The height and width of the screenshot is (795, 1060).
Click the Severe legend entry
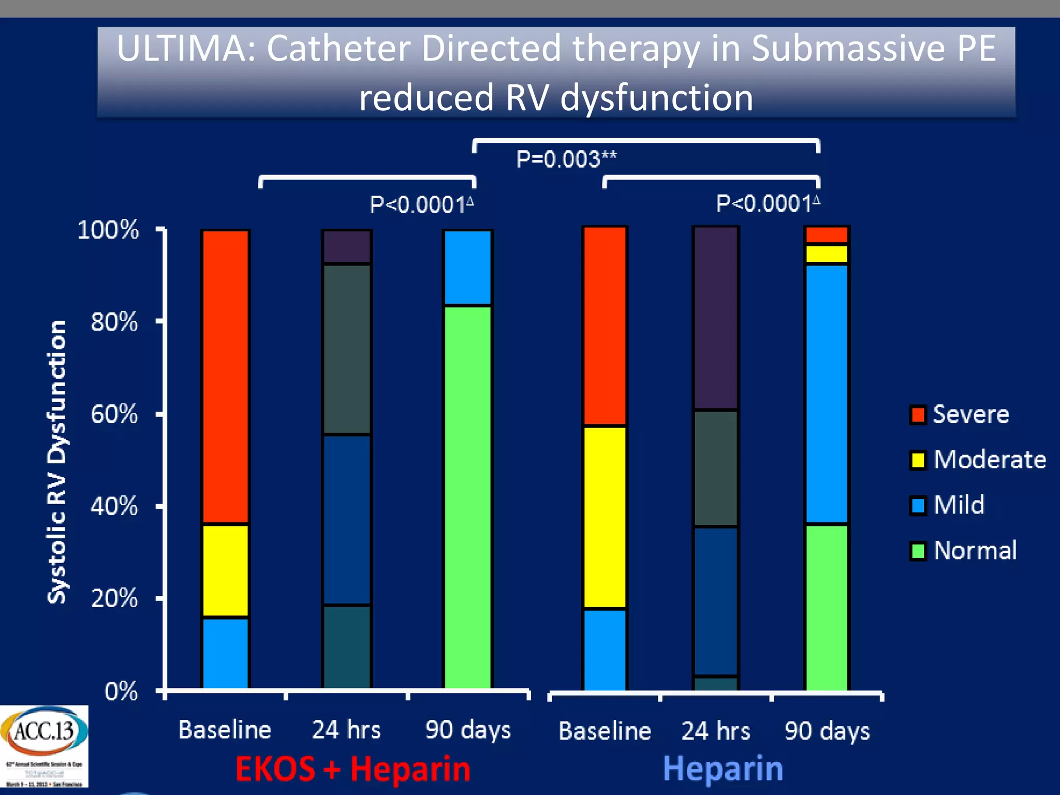click(960, 415)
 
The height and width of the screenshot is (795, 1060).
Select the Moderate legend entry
click(978, 460)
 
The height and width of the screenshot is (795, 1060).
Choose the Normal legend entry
click(964, 550)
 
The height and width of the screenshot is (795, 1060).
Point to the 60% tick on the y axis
click(114, 415)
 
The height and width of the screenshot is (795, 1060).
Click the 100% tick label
click(108, 230)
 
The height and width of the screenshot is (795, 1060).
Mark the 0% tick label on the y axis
click(121, 691)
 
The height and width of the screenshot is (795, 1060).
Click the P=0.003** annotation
click(566, 159)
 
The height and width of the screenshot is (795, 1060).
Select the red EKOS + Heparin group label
click(353, 769)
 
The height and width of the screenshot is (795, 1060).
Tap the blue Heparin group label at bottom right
click(723, 769)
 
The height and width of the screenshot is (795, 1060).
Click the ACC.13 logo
click(44, 745)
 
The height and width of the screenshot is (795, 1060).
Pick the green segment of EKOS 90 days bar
click(468, 497)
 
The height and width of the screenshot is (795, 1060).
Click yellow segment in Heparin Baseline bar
click(605, 518)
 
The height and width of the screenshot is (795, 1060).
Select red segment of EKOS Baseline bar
click(225, 377)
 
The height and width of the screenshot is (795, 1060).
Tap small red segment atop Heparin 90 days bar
click(827, 234)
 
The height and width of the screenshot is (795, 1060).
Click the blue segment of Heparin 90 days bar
click(827, 393)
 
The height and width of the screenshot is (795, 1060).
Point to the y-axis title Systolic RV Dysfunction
click(57, 462)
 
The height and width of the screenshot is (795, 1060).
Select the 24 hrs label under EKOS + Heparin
click(346, 730)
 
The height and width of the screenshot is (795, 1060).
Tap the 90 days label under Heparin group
click(827, 731)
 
